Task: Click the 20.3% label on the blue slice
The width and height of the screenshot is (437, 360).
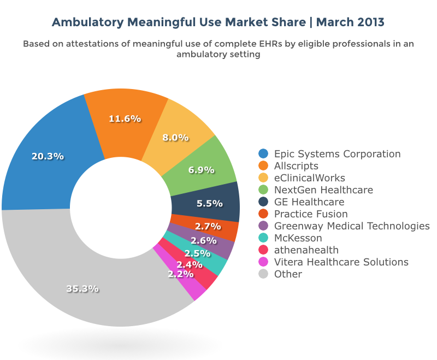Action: [48, 156]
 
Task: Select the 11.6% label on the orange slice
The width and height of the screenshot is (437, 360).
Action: [125, 119]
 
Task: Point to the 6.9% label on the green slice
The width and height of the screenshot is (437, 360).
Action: [201, 170]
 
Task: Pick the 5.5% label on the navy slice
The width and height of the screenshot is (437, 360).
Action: [209, 203]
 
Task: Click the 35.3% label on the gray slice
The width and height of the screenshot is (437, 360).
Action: [82, 288]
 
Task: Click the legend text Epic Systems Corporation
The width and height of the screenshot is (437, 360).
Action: [337, 154]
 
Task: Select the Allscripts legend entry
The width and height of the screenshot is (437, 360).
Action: [296, 166]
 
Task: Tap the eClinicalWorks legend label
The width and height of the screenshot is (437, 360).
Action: [309, 178]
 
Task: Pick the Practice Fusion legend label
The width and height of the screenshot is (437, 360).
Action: [311, 214]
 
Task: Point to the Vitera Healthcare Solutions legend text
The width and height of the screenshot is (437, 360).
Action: [341, 262]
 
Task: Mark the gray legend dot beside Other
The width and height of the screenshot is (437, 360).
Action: [264, 274]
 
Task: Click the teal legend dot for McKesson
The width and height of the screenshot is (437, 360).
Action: [264, 238]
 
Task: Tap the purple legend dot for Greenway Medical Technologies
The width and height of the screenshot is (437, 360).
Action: [264, 226]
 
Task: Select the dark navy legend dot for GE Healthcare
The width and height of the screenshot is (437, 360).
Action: [264, 202]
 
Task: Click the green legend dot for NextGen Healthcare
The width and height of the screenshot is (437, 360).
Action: [264, 190]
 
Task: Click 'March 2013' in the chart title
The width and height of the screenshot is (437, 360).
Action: [350, 22]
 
